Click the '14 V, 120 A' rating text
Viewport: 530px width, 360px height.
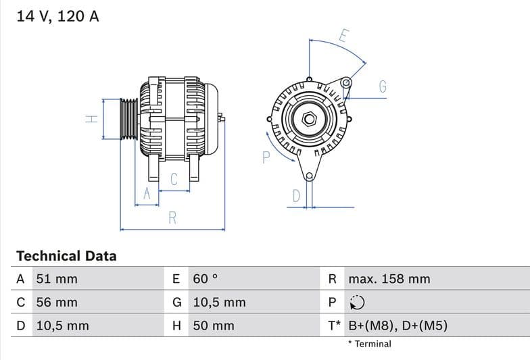[57, 16]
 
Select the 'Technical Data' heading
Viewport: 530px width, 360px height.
[66, 256]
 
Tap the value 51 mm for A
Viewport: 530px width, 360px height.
[57, 279]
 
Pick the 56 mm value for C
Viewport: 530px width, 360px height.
[57, 302]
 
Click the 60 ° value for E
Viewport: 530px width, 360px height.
[206, 279]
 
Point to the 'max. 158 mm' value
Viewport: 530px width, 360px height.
[389, 279]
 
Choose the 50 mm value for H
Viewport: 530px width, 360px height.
[214, 326]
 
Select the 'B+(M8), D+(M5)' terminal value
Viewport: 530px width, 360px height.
[397, 326]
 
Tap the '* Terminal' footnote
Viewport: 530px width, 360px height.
[370, 344]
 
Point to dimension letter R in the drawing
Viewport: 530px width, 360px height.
[172, 217]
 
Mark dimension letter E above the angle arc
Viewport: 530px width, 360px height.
[343, 36]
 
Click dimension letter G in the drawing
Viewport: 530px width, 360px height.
[383, 86]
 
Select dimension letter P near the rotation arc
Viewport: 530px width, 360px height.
[266, 157]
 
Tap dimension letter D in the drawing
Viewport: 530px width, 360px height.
[295, 196]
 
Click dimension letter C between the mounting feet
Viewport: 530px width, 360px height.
[174, 179]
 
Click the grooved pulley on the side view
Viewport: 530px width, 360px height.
[128, 120]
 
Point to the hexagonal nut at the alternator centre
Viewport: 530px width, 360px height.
[309, 120]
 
